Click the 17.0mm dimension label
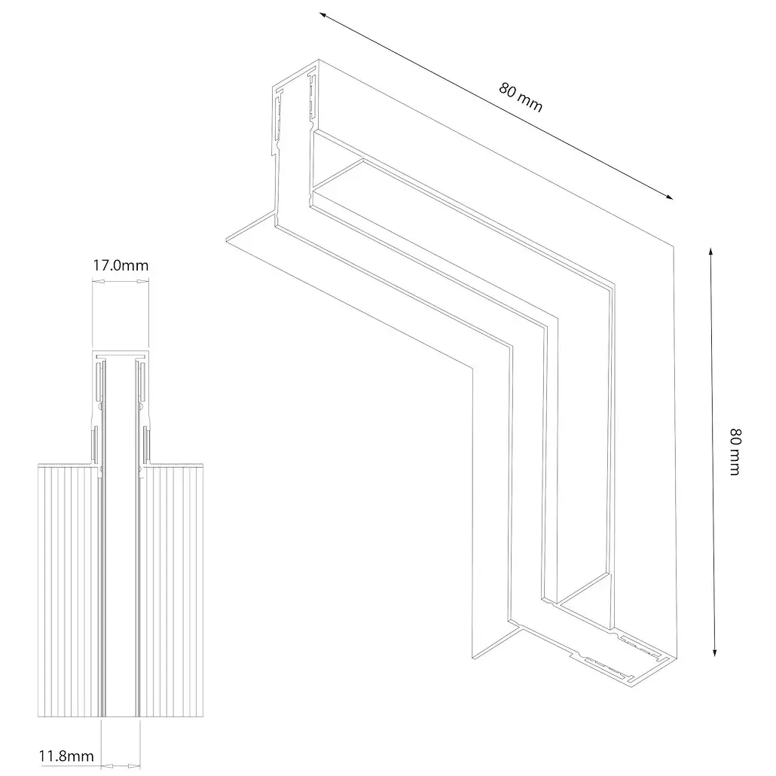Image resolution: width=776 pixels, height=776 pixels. click(121, 266)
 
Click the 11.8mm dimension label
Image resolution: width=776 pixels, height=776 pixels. click(66, 756)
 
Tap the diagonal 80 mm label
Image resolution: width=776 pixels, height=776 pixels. click(520, 97)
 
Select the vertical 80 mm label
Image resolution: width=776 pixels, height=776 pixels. click(735, 452)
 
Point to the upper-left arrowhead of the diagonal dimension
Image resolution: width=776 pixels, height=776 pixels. click(322, 15)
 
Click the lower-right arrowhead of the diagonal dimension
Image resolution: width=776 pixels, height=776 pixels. click(669, 197)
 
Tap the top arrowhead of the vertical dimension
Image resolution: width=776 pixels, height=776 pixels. click(710, 252)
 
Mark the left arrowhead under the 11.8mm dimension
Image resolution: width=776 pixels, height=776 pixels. click(107, 766)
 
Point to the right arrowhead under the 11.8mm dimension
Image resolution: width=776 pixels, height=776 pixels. click(134, 766)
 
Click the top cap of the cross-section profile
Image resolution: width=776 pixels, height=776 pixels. click(121, 354)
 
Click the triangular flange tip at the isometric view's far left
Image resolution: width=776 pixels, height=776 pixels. click(227, 240)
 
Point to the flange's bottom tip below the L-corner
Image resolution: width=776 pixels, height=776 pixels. click(473, 658)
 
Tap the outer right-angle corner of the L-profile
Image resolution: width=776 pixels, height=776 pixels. click(674, 246)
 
